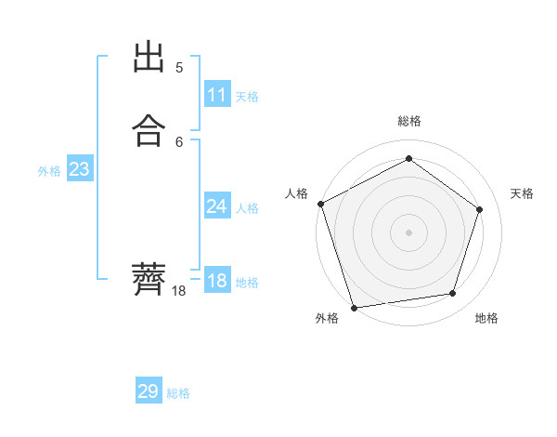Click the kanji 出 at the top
point(150,58)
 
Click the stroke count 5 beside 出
point(179,67)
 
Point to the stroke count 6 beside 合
point(179,141)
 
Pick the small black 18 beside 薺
point(179,291)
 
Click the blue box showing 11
point(217,95)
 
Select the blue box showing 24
point(217,206)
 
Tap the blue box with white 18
point(217,281)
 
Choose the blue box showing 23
point(79,169)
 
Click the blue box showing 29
point(149,391)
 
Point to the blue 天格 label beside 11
point(247,97)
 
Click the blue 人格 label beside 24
point(247,208)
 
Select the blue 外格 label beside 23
point(49,171)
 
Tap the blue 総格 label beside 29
point(178,393)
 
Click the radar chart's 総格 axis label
point(409,121)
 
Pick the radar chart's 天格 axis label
point(523,193)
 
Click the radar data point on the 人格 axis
point(320,204)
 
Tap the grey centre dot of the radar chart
point(409,232)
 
